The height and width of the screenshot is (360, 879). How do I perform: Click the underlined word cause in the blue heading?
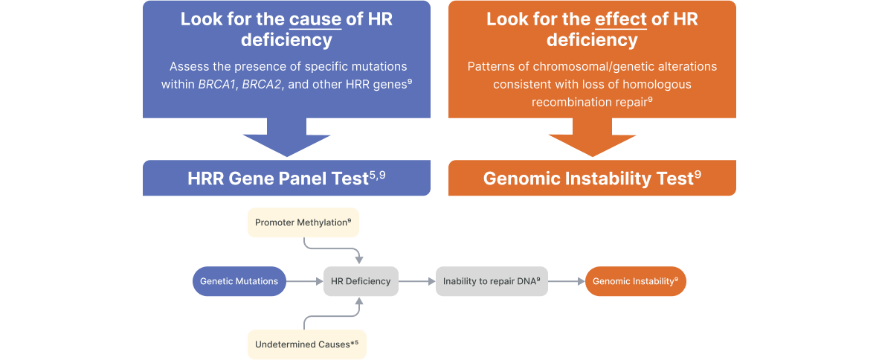coord(315,19)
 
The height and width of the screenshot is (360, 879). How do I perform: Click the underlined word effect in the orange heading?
coord(620,19)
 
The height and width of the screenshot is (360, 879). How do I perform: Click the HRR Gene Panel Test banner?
coord(286,178)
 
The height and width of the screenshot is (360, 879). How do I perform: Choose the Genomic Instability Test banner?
coord(592,178)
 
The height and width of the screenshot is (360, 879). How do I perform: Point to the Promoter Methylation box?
coord(303,222)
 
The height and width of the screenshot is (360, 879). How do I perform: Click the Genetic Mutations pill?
coord(239,281)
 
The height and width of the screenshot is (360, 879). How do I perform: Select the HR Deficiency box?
coord(361,281)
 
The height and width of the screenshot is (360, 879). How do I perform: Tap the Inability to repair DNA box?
coord(492,281)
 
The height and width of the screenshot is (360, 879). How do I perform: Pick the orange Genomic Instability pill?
coord(636,281)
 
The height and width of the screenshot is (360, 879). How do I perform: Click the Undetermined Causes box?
coord(306,344)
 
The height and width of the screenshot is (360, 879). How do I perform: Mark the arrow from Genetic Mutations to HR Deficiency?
coord(304,281)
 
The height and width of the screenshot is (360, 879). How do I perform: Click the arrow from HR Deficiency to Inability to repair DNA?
coord(417,281)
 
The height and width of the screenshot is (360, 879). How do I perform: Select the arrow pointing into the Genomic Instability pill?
coord(566,281)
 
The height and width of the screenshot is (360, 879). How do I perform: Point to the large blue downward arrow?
coord(286,138)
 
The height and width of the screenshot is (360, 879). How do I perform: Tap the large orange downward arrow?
coord(592,138)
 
